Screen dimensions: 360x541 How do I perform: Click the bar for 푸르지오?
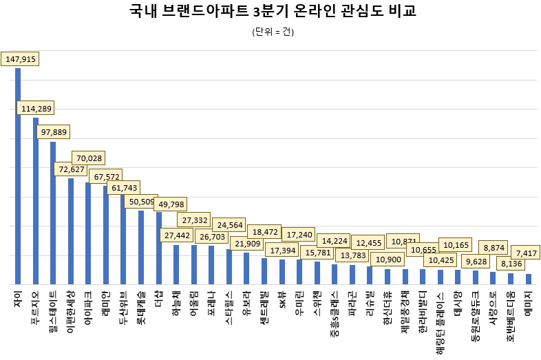click(x=35, y=200)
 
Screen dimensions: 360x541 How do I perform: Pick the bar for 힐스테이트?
click(x=53, y=213)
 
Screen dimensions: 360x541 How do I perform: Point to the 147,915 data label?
click(x=20, y=59)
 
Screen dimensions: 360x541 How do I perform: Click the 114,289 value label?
click(x=36, y=108)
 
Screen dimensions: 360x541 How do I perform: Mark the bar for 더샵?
click(x=159, y=248)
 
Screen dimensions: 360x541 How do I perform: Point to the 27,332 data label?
click(x=196, y=220)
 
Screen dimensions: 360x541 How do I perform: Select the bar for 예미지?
click(x=529, y=279)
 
